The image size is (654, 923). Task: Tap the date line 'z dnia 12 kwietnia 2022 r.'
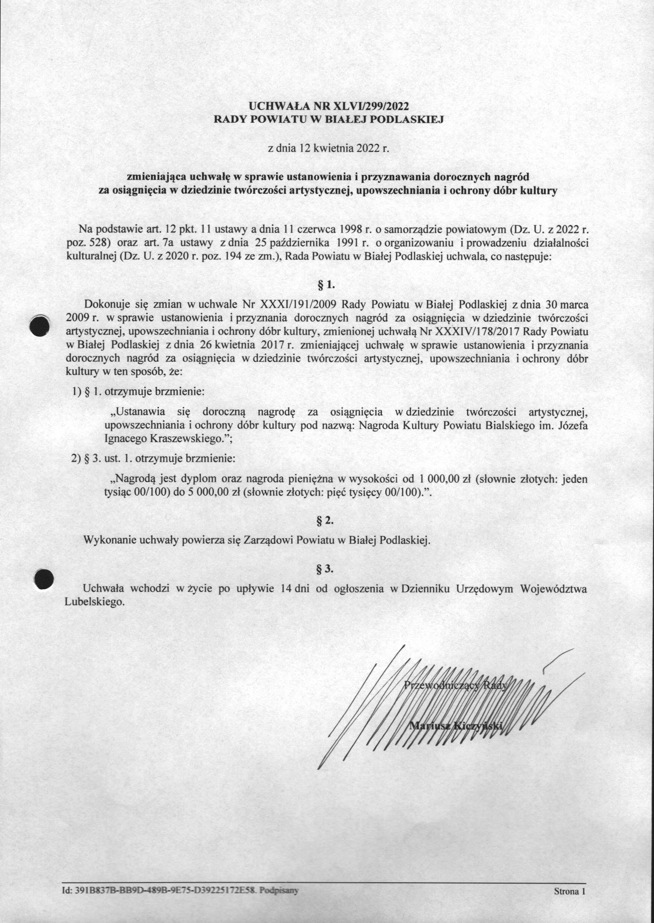click(x=328, y=148)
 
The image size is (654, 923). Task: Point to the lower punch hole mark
click(x=43, y=579)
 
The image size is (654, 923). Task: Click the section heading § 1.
click(x=327, y=285)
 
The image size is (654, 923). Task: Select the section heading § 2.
click(x=326, y=521)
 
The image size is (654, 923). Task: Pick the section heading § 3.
click(x=326, y=569)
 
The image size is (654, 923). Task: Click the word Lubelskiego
click(x=94, y=602)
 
